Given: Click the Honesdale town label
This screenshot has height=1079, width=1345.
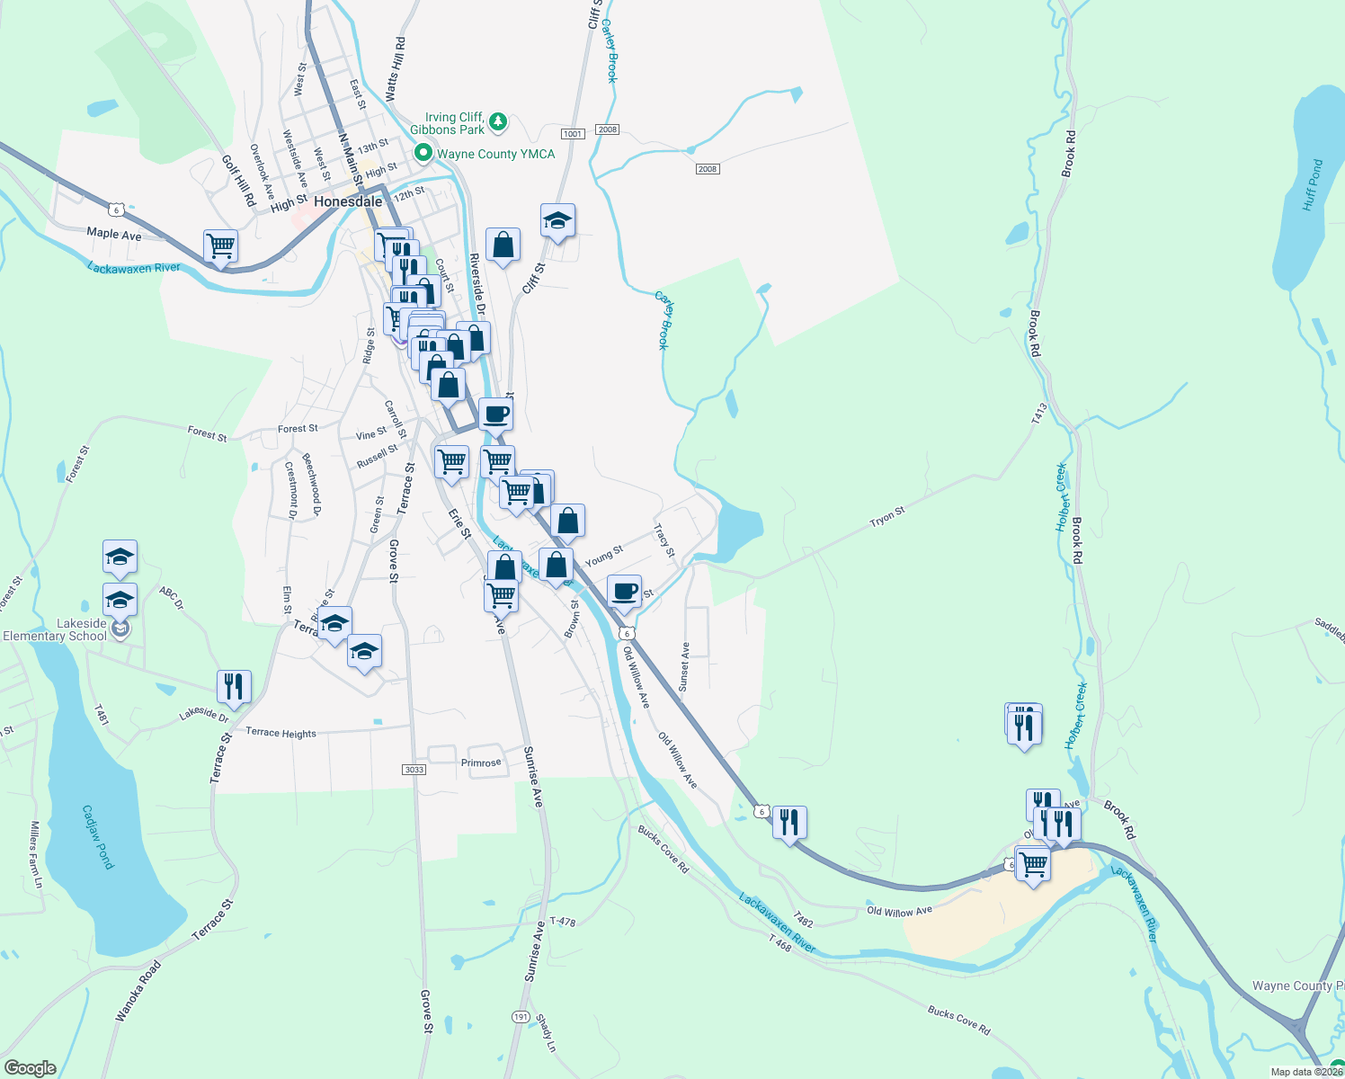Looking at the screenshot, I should coord(348,202).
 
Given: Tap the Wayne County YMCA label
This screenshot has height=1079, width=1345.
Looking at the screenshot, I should coord(495,154).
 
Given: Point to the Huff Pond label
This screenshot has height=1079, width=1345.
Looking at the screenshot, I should coord(1313,185).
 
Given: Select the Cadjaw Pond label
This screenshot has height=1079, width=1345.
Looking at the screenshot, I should coord(99,836).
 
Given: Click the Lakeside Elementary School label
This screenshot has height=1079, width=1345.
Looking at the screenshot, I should coord(56,629).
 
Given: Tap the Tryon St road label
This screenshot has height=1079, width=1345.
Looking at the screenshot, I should coord(886,517).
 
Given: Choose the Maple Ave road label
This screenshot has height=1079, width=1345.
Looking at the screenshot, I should coord(114,234).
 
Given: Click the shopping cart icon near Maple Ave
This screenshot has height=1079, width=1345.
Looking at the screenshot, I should coord(220,245).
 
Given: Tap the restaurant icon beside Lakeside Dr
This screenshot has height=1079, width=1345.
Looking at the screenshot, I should coord(234,687).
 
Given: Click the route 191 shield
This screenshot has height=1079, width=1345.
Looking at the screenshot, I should coord(521,1016).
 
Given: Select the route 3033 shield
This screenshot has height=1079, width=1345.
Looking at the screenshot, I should coord(414,770).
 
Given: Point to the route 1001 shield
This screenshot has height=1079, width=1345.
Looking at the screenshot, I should coord(573,134).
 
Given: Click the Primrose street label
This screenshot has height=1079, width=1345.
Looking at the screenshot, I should coord(481,763).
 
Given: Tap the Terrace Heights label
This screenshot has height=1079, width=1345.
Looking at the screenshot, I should coord(281,733).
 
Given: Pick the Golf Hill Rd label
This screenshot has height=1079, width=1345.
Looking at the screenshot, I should coord(239,180).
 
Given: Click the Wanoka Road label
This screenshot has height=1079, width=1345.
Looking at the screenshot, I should coord(138,991).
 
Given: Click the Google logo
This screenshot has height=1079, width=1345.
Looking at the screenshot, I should coord(31,1068).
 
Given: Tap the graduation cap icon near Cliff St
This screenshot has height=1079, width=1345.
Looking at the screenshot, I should coord(557,221).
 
